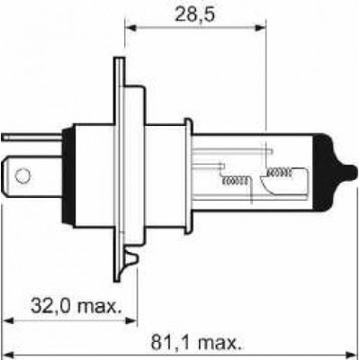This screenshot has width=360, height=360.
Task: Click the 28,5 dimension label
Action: (195, 15)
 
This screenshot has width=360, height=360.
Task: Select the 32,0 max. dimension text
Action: (77, 305)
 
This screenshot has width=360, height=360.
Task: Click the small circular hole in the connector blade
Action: (22, 176)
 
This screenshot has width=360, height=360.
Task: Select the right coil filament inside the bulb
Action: (279, 172)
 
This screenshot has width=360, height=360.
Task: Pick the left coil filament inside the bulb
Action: (235, 181)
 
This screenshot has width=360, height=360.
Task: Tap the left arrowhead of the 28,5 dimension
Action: (130, 28)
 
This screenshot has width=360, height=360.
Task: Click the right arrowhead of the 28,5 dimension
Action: (260, 28)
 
